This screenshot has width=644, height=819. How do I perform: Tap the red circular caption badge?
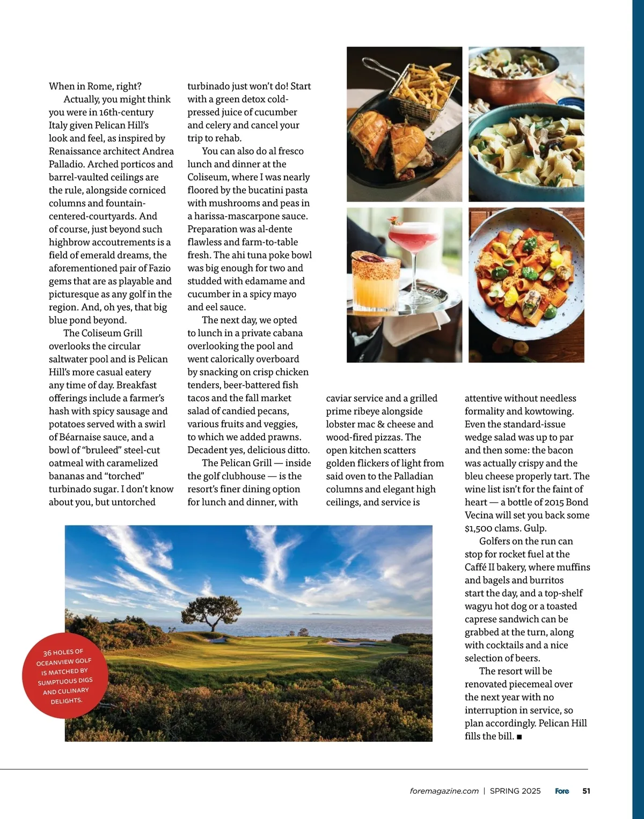[x=65, y=676]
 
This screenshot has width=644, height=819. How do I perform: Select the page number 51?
[x=586, y=791]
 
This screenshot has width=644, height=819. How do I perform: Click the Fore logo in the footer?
[x=562, y=791]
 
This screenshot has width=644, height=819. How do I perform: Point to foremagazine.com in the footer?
[x=444, y=791]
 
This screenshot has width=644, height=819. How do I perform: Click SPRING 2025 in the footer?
[x=515, y=791]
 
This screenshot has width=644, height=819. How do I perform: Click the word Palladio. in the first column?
[x=67, y=164]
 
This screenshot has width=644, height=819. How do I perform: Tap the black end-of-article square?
[x=519, y=737]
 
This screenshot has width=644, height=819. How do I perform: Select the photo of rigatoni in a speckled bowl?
[x=526, y=285]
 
